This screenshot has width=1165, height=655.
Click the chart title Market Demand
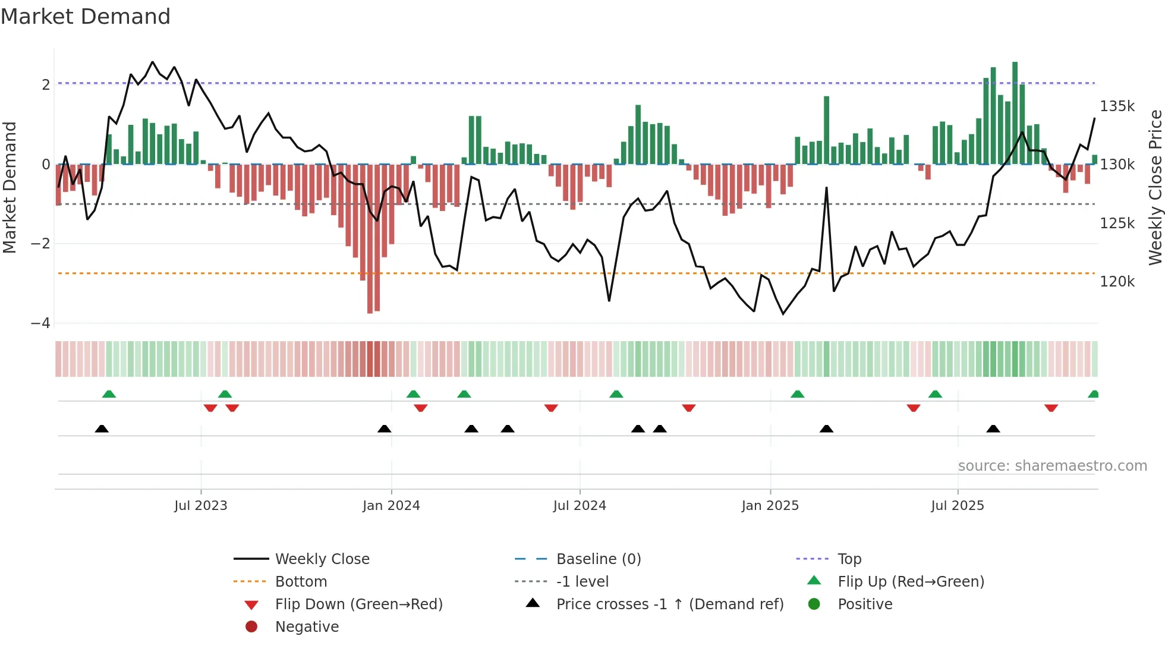pyautogui.click(x=86, y=17)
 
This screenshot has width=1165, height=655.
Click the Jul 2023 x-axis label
pyautogui.click(x=201, y=506)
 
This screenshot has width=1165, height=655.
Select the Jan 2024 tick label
pyautogui.click(x=391, y=506)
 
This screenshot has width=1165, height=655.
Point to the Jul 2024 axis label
pyautogui.click(x=580, y=506)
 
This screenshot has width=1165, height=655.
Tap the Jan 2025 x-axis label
pyautogui.click(x=770, y=506)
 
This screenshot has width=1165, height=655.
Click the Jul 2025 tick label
pyautogui.click(x=958, y=506)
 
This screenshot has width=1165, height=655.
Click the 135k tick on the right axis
pyautogui.click(x=1117, y=106)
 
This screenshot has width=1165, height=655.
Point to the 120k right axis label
pyautogui.click(x=1117, y=282)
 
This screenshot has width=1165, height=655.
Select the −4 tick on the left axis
pyautogui.click(x=40, y=323)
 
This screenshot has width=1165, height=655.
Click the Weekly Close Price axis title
pyautogui.click(x=1155, y=187)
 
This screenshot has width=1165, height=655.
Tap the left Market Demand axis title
pyautogui.click(x=10, y=187)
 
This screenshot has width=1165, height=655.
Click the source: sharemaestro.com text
pyautogui.click(x=1053, y=466)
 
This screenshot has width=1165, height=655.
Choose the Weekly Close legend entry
pyautogui.click(x=322, y=559)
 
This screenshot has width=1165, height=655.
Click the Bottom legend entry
pyautogui.click(x=301, y=582)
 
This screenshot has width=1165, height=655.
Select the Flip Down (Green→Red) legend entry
pyautogui.click(x=358, y=604)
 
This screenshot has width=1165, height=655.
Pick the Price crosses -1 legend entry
pyautogui.click(x=670, y=604)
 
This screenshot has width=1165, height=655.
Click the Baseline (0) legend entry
pyautogui.click(x=599, y=559)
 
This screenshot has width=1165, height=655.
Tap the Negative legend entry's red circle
pyautogui.click(x=251, y=627)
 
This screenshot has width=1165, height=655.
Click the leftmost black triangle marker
pyautogui.click(x=102, y=429)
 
